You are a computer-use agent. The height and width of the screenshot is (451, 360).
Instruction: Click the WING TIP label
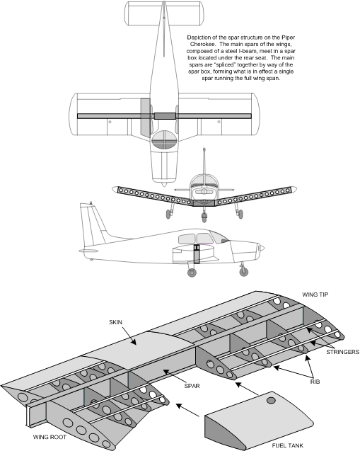tap(315, 295)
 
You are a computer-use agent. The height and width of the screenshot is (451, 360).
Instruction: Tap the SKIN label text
tap(115, 322)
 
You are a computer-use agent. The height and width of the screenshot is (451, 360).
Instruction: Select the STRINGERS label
tap(342, 352)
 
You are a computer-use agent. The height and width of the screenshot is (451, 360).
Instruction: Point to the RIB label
tap(315, 382)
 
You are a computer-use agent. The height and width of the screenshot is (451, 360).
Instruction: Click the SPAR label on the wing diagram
tap(192, 386)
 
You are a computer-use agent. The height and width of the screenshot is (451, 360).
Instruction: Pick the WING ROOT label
tap(50, 438)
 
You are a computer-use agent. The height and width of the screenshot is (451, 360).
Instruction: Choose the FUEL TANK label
tap(288, 445)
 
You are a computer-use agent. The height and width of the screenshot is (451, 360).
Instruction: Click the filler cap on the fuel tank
tap(271, 401)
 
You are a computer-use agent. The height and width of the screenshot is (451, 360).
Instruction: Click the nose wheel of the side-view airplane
tap(243, 272)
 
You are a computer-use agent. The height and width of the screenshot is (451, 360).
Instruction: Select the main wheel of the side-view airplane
tap(192, 273)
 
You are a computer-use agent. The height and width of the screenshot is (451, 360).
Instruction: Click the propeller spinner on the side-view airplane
tap(261, 248)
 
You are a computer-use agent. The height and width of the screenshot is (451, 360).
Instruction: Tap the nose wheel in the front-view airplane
tap(204, 217)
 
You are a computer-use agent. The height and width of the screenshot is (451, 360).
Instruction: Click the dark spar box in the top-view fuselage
tap(165, 116)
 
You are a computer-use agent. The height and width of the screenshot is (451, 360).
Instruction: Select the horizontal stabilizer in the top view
tap(164, 13)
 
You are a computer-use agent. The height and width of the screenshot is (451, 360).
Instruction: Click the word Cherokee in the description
tap(202, 45)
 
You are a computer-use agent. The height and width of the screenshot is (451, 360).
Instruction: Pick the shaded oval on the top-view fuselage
tap(164, 139)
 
